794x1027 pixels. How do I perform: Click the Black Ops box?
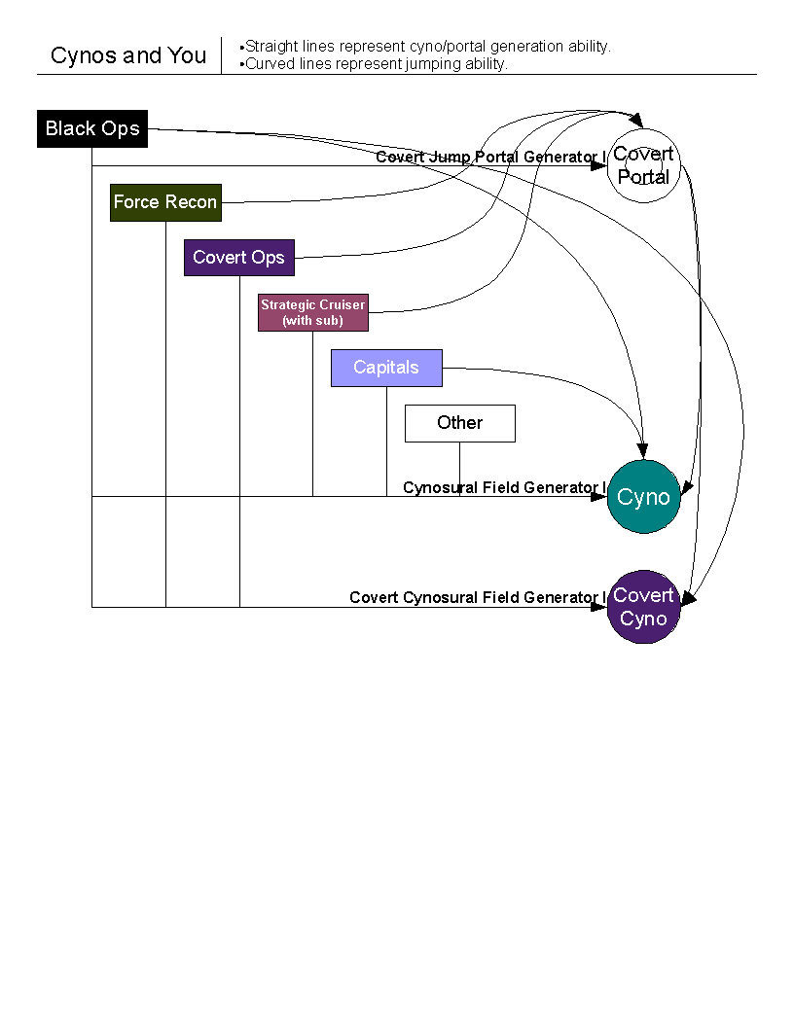click(x=92, y=128)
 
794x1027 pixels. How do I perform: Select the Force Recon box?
click(x=165, y=202)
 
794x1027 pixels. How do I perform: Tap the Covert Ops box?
click(x=238, y=258)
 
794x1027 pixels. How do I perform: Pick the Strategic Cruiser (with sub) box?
click(x=312, y=312)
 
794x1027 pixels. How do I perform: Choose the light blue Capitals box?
click(x=386, y=368)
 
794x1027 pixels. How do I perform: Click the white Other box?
click(x=459, y=423)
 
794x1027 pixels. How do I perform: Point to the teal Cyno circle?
click(x=643, y=497)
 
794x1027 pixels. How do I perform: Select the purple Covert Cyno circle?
click(x=643, y=607)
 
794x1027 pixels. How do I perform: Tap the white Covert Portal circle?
click(x=643, y=166)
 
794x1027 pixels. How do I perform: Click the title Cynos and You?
click(x=128, y=55)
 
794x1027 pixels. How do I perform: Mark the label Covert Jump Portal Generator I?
click(x=490, y=157)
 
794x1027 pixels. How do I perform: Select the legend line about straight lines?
click(x=426, y=47)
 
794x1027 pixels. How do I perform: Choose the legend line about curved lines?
click(x=374, y=64)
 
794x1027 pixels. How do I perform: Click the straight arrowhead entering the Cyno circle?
click(x=598, y=496)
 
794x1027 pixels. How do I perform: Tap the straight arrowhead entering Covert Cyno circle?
click(x=598, y=607)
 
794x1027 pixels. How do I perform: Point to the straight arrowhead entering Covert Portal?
click(x=599, y=166)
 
